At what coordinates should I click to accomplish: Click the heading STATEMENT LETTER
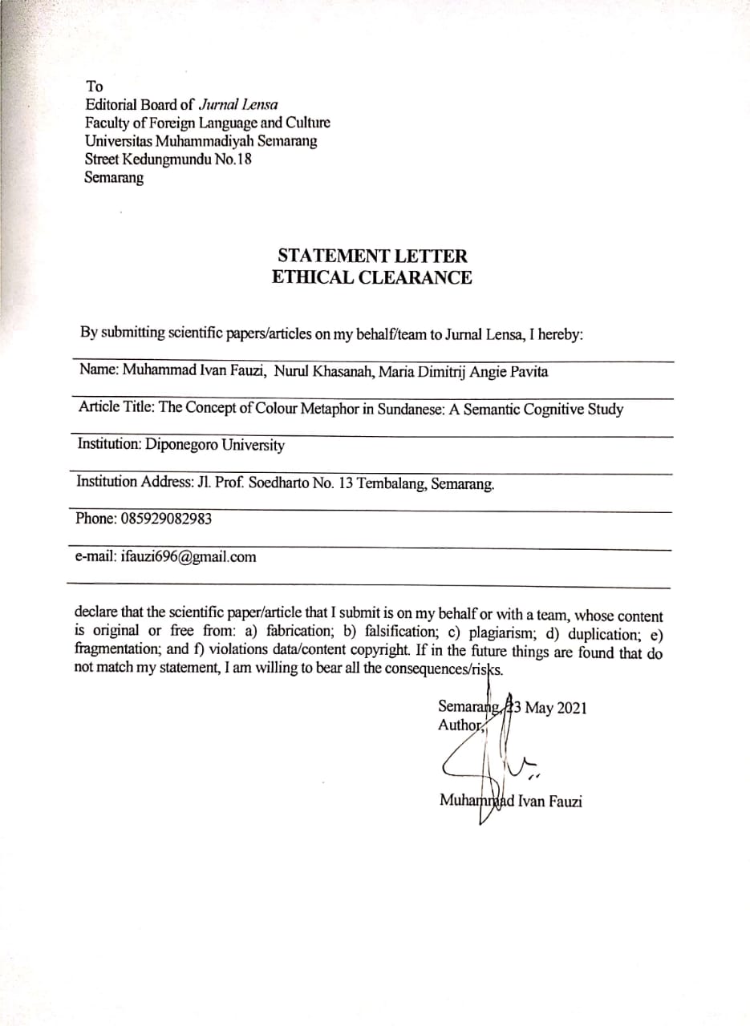[372, 256]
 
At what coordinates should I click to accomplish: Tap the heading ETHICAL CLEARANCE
[372, 278]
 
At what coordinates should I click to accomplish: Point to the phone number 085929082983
[167, 519]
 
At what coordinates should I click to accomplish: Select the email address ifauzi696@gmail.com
[189, 556]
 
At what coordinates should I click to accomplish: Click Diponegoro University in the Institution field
[215, 445]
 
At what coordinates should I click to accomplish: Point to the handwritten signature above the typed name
[489, 761]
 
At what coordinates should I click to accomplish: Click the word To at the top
[95, 86]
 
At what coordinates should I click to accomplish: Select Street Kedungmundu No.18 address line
[168, 160]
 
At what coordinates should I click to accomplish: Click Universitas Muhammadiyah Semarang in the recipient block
[201, 141]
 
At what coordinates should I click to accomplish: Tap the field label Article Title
[116, 407]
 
